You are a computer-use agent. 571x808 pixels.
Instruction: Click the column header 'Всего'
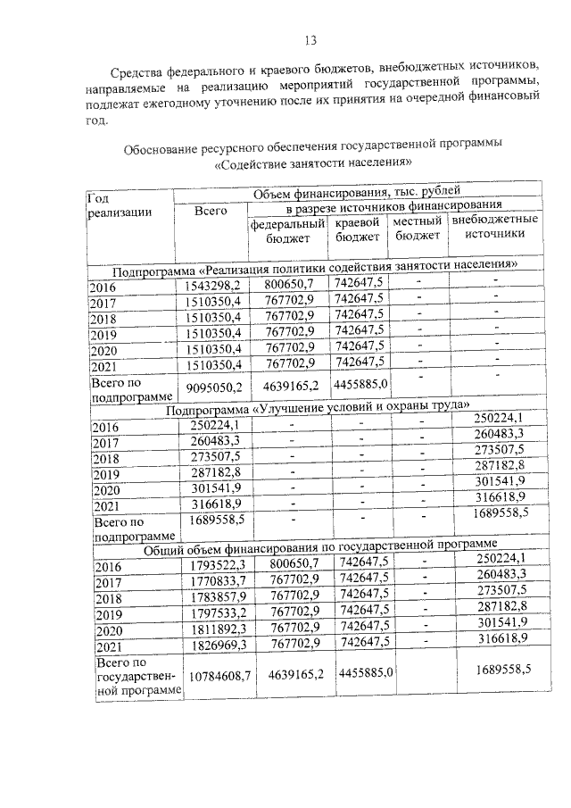coord(211,211)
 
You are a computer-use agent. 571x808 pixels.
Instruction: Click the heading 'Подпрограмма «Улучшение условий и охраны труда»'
coord(317,409)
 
